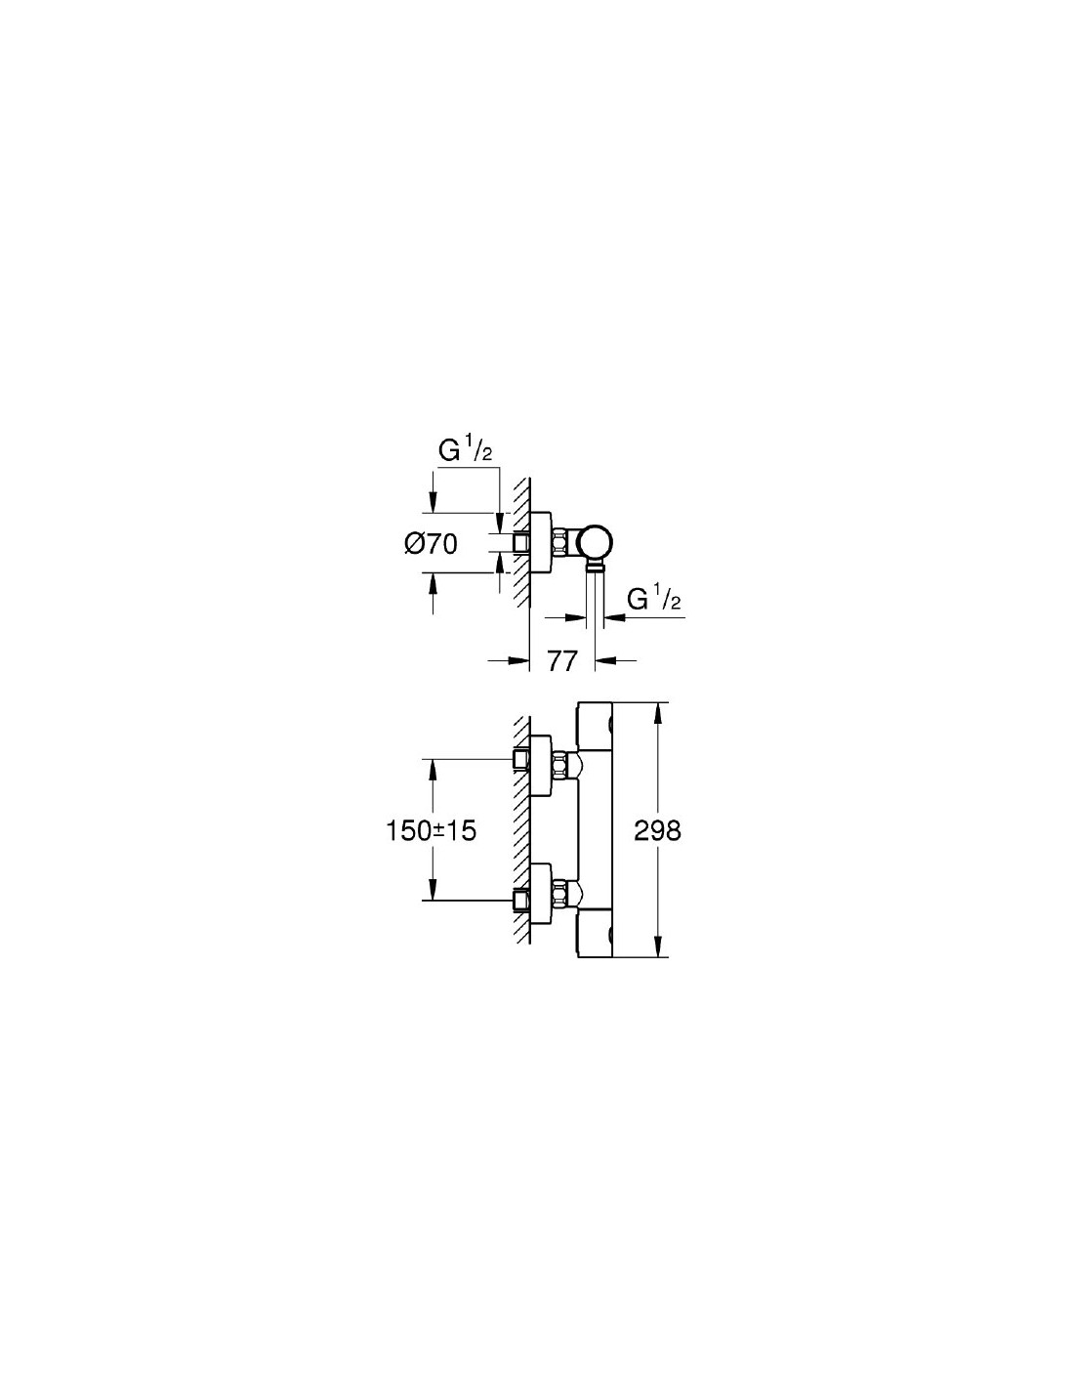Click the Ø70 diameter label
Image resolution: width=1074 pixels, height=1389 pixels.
pyautogui.click(x=431, y=544)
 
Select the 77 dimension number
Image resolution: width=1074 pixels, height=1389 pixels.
pyautogui.click(x=562, y=661)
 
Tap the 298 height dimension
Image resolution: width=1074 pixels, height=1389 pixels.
pyautogui.click(x=657, y=830)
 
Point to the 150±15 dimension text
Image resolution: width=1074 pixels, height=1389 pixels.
pyautogui.click(x=432, y=830)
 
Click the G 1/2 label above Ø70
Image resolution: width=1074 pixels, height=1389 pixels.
pyautogui.click(x=465, y=451)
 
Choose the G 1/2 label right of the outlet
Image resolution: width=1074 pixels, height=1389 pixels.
pyautogui.click(x=653, y=599)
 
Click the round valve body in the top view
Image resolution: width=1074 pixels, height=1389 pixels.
pyautogui.click(x=596, y=543)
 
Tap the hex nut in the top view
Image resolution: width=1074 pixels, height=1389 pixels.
pyautogui.click(x=560, y=543)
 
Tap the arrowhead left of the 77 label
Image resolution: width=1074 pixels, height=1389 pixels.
pyautogui.click(x=520, y=660)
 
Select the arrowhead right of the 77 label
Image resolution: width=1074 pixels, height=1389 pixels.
pyautogui.click(x=605, y=660)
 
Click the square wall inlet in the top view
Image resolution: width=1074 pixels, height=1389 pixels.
pyautogui.click(x=522, y=543)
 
